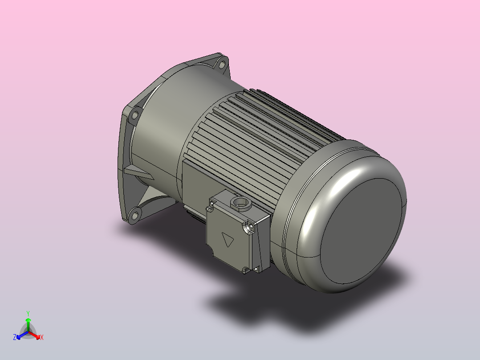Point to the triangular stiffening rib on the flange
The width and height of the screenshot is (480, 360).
coord(136,172)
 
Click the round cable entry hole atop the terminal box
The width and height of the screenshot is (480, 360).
coord(241,205)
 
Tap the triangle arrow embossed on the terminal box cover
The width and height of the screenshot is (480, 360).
coord(229,241)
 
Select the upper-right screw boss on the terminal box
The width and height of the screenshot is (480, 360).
coord(249,227)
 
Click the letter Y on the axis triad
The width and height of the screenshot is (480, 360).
coord(28,313)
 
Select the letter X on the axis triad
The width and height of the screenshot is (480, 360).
coord(42,337)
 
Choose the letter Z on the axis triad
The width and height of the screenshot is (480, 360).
coord(15,337)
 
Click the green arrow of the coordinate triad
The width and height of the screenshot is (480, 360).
coord(28,322)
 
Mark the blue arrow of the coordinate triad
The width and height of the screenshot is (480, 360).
coord(20,335)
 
